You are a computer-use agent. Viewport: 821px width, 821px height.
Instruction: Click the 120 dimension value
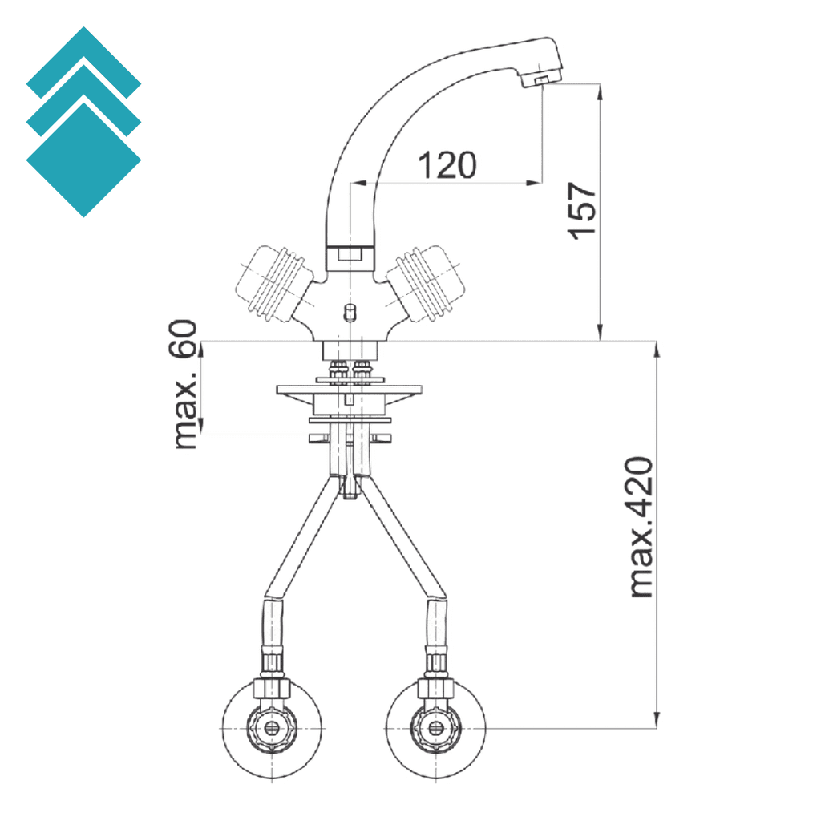(x=447, y=165)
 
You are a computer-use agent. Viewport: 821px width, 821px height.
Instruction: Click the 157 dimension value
(x=583, y=210)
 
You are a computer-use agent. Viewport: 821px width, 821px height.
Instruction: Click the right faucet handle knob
(x=424, y=282)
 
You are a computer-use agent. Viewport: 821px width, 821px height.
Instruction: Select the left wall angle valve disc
(x=273, y=730)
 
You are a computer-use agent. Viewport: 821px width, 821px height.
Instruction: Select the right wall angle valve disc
(x=435, y=730)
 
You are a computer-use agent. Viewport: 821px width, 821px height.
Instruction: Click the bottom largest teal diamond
(x=83, y=160)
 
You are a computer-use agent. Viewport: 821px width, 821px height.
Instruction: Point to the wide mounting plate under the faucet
(x=349, y=390)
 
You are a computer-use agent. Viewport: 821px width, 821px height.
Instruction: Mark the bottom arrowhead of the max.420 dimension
(x=657, y=722)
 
